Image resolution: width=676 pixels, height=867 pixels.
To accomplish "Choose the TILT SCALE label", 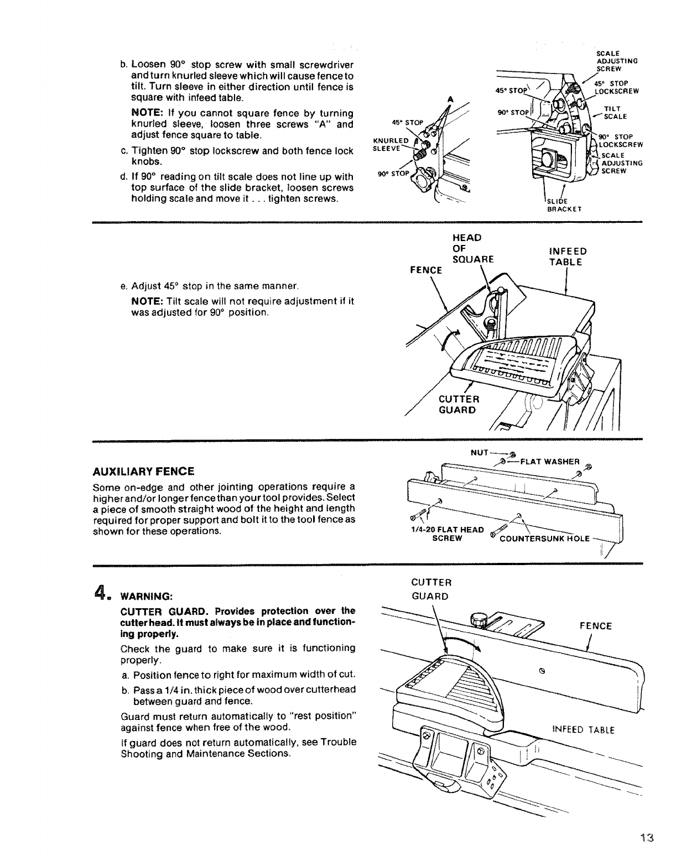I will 612,112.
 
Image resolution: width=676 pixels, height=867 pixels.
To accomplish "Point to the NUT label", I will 479,452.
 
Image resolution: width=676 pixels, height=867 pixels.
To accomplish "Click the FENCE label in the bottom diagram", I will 595,626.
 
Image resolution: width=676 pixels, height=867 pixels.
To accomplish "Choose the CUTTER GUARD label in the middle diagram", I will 459,405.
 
